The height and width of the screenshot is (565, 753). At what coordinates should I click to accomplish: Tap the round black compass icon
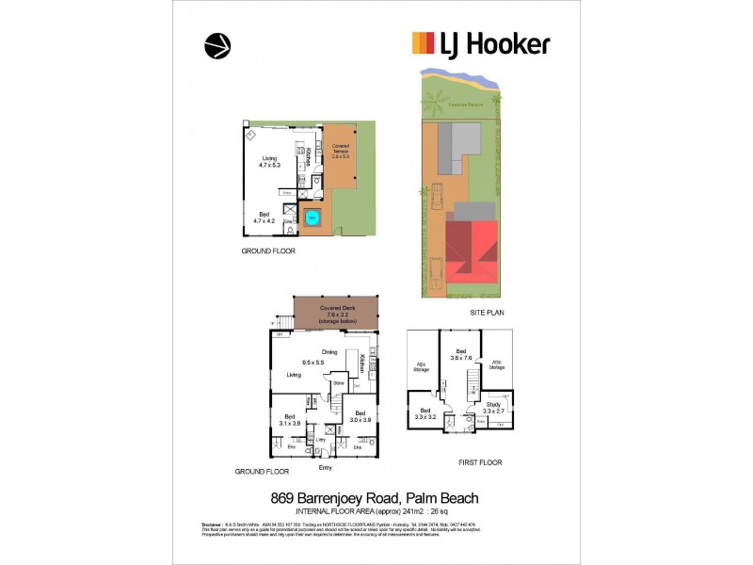(x=217, y=45)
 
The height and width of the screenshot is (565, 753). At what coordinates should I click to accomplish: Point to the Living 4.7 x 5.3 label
(x=270, y=161)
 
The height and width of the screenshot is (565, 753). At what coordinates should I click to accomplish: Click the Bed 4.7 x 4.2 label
(x=267, y=218)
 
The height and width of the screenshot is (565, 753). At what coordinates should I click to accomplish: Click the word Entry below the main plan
(x=326, y=467)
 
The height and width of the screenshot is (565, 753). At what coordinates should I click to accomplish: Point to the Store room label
(x=338, y=382)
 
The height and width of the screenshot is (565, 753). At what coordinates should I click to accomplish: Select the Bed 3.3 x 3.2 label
(x=425, y=413)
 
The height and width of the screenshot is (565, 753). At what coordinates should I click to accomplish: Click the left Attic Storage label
(x=421, y=368)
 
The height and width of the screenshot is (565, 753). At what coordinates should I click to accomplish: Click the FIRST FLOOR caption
(x=480, y=462)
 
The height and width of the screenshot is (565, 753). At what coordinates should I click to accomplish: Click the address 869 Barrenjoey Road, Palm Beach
(x=374, y=497)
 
